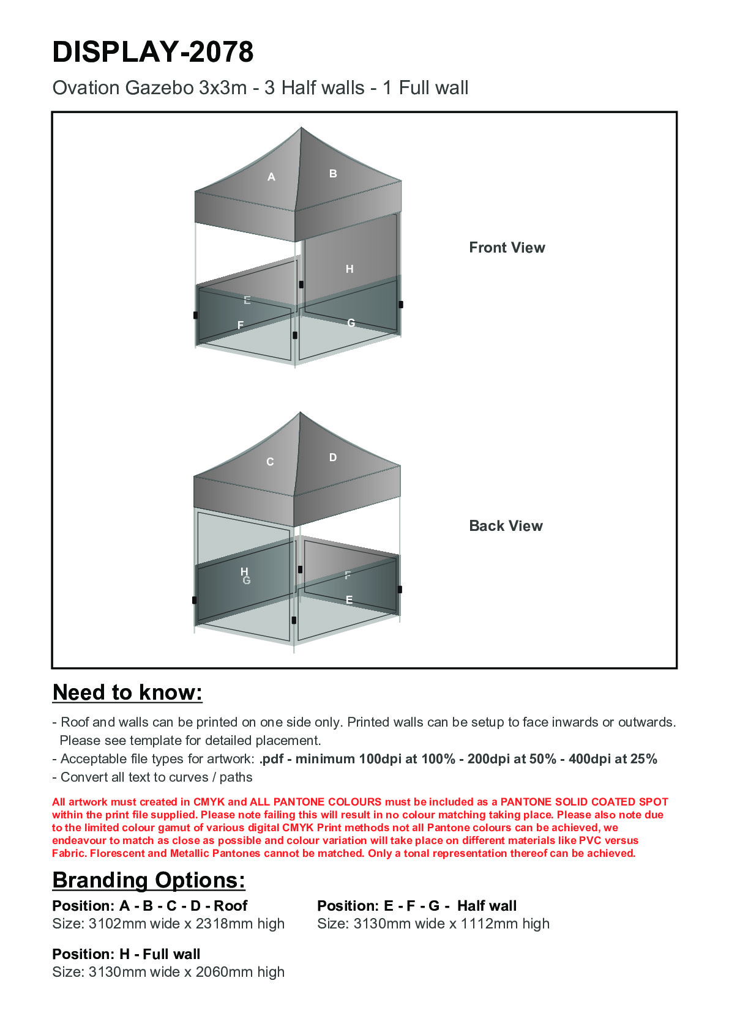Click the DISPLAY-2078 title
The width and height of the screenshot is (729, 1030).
[153, 52]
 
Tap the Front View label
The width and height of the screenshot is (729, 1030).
[507, 248]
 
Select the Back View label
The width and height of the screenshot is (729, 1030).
[506, 526]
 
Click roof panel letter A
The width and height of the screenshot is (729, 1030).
[271, 177]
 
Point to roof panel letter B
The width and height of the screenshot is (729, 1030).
[333, 174]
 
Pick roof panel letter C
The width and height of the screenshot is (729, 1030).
[270, 462]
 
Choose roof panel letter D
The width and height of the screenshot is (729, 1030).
[333, 458]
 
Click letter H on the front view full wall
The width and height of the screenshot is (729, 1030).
[350, 269]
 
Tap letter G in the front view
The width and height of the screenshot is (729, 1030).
[351, 323]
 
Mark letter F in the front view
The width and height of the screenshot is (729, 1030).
[241, 325]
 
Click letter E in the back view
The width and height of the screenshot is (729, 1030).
[349, 600]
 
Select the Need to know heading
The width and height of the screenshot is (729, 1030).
[127, 692]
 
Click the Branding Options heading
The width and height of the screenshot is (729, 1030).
[149, 880]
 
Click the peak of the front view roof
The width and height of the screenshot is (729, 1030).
[301, 128]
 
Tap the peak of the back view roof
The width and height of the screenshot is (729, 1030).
[300, 413]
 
